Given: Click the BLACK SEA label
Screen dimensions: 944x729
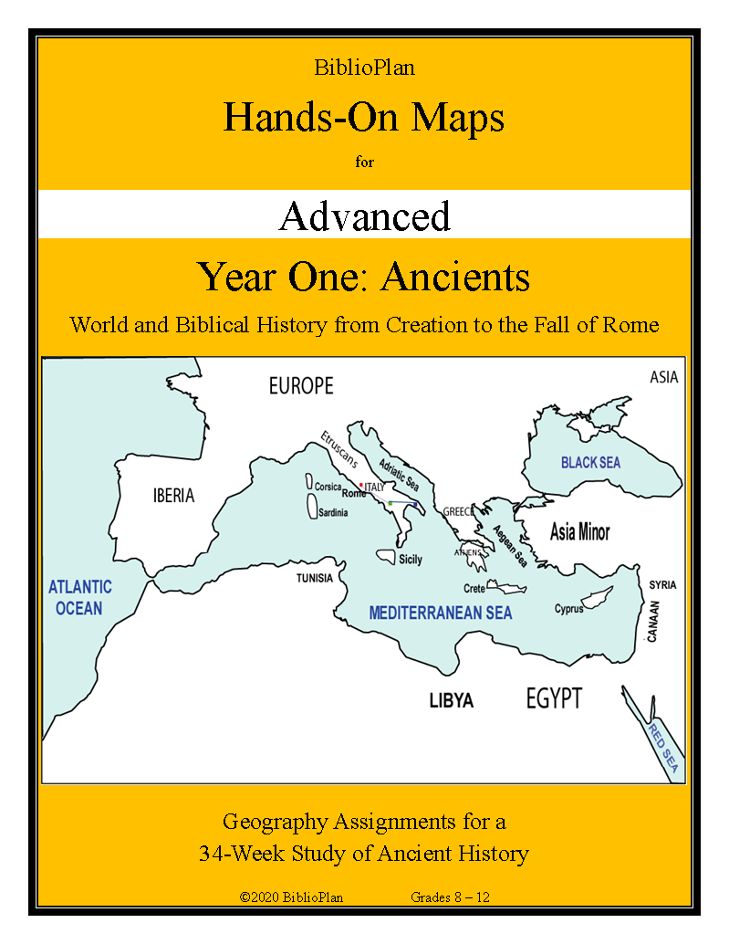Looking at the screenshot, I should pos(590,463).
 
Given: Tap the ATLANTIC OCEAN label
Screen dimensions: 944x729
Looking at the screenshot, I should pos(80,597).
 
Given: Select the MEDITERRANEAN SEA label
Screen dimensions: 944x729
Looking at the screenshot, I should pos(441,614).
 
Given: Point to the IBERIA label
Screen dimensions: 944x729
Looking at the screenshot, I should pos(173,496).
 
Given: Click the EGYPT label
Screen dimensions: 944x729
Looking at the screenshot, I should pos(554,699).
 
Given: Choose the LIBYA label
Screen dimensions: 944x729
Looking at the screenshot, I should pos(452,701).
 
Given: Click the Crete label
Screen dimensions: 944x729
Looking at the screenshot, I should pos(474,589).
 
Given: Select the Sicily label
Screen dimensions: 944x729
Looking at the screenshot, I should pos(411,560).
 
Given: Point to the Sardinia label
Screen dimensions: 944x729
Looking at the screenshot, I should pos(333,513).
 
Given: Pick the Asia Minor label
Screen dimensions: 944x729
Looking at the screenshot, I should pos(580,531).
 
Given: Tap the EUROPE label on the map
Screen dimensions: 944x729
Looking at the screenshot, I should pos(301,386).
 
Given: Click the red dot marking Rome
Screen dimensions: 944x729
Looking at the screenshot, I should pos(361,485).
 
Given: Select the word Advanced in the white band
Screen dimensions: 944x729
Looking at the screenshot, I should pos(365,216).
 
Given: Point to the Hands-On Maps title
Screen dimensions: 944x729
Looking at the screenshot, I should pos(364,117).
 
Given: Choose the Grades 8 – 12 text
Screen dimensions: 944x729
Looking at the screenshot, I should pos(451,897).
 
